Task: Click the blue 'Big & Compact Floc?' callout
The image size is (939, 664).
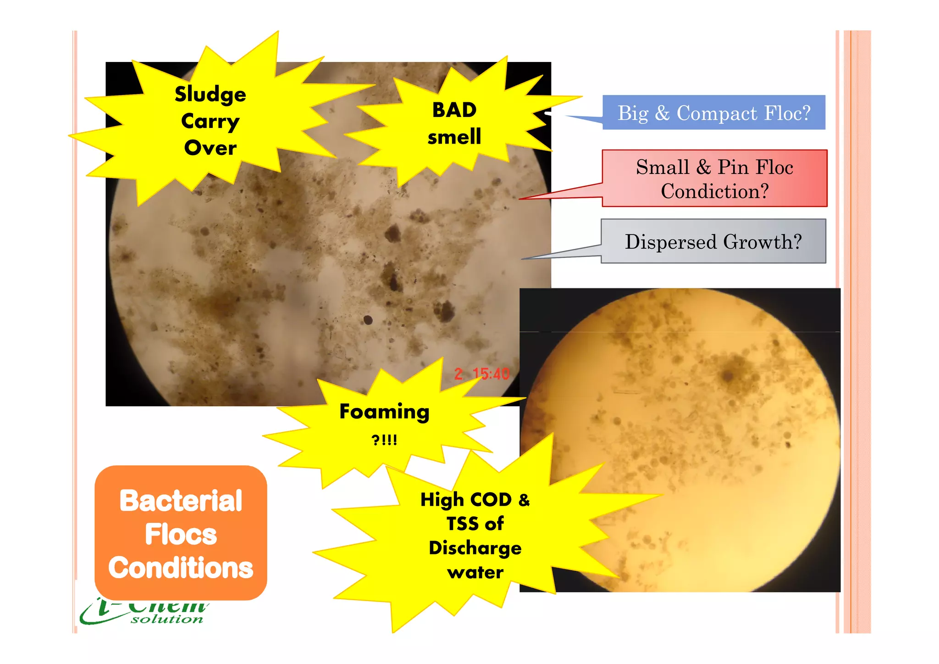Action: [713, 113]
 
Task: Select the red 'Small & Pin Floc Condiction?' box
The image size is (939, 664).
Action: [714, 178]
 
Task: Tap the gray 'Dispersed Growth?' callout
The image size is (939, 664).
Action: [713, 241]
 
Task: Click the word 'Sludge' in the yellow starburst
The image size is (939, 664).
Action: [210, 95]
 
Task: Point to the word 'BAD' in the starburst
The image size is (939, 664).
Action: [454, 110]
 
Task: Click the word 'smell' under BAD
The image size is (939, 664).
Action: [454, 137]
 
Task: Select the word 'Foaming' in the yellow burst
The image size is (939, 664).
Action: [384, 412]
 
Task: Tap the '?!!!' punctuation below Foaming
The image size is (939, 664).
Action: [384, 440]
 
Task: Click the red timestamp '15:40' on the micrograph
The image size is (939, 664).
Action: [491, 374]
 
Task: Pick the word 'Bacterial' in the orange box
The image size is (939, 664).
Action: [181, 501]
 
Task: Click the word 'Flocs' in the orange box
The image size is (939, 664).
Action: [181, 535]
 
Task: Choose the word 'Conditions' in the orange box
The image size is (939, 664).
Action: [181, 568]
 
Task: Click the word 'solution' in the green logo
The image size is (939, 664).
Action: [167, 619]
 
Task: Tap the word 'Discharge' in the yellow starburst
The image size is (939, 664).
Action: [475, 548]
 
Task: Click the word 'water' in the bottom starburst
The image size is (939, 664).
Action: [475, 573]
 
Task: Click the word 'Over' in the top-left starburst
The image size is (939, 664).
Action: [210, 148]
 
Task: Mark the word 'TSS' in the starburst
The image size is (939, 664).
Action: [462, 524]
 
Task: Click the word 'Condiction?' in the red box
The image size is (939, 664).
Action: [714, 191]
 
